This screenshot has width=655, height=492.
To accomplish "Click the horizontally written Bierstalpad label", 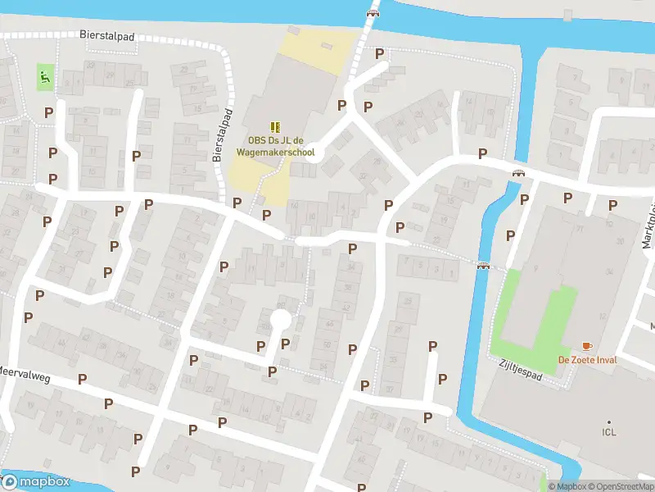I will (106, 37).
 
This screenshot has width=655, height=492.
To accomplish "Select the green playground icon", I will (44, 78).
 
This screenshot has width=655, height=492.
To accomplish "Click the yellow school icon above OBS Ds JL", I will (276, 126).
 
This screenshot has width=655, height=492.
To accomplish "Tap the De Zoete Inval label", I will (587, 360).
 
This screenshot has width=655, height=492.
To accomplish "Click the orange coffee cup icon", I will (587, 347).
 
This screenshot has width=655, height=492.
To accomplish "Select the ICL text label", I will (608, 432).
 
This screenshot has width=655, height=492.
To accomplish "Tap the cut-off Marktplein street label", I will (648, 226).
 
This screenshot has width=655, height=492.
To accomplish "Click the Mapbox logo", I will (36, 481).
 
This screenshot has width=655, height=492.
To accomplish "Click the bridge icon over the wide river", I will (373, 12).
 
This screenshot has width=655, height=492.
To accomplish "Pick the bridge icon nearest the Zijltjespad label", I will (484, 264).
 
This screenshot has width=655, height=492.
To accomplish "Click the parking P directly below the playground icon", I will (49, 112).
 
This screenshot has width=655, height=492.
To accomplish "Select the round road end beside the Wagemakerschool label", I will (314, 153).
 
